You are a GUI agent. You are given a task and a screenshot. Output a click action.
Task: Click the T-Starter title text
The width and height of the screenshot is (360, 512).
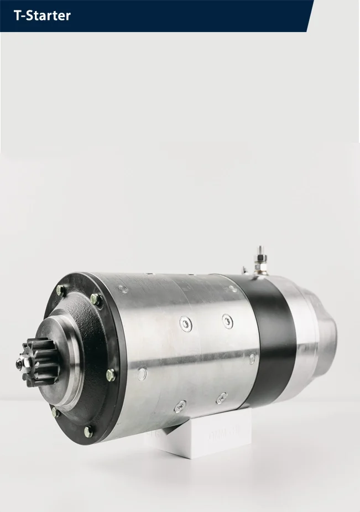point(42,15)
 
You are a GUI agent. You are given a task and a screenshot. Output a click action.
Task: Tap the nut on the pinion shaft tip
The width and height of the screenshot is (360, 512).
point(21,364)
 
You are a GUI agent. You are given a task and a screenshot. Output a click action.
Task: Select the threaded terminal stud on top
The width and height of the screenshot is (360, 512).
point(260,260)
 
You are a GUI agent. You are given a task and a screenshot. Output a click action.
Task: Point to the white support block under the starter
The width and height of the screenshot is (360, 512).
point(199,435)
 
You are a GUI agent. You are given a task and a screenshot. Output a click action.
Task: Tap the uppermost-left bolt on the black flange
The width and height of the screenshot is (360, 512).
point(60,290)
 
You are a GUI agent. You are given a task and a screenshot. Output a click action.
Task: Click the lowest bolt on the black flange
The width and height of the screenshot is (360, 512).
point(88,432)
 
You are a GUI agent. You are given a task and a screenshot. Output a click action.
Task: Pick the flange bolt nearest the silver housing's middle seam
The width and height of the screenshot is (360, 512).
point(111,375)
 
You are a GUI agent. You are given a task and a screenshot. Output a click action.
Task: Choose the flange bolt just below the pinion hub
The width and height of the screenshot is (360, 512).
point(56,412)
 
